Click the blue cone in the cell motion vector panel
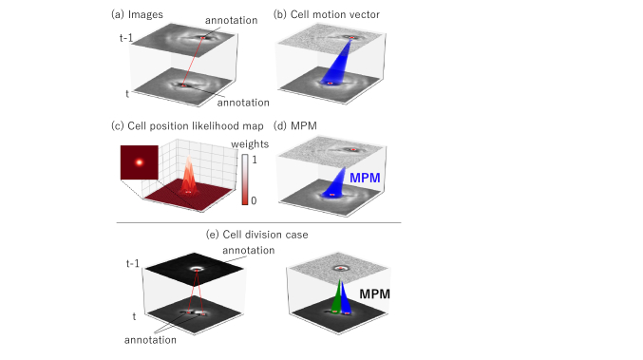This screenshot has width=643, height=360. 336,65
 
